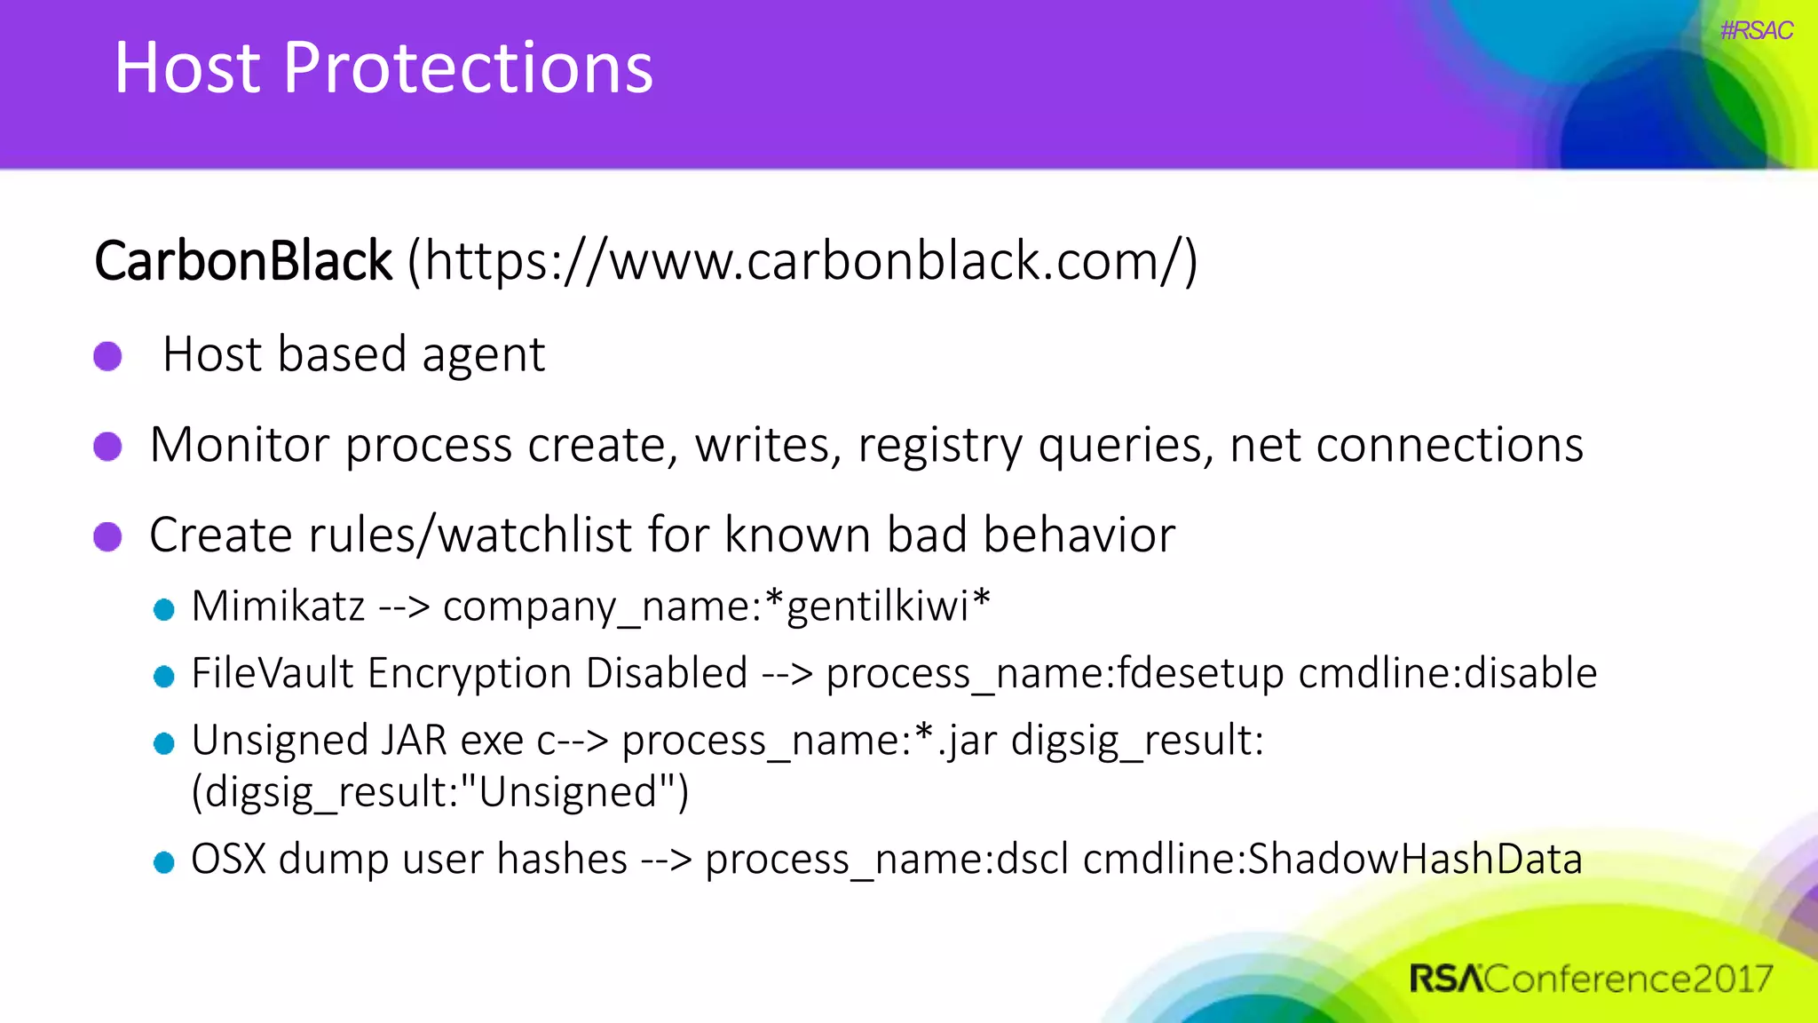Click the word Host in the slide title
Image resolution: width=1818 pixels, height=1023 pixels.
(x=187, y=68)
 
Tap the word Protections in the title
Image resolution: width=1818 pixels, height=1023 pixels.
(x=468, y=68)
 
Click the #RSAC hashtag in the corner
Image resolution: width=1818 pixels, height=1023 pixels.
(x=1756, y=31)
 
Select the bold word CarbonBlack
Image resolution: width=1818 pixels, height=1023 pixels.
(x=243, y=262)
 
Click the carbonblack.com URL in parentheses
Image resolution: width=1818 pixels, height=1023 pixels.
(x=802, y=262)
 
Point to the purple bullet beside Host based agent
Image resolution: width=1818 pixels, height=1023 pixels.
(x=108, y=356)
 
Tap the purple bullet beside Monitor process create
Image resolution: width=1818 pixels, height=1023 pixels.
(x=108, y=446)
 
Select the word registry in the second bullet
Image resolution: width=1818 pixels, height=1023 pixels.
(x=940, y=446)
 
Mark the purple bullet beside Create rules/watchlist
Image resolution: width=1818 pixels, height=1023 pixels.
(x=108, y=536)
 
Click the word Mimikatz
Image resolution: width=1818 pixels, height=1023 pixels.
(x=278, y=607)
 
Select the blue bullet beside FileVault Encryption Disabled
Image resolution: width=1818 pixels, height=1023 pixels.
(x=164, y=677)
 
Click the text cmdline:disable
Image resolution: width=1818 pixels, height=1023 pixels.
(x=1447, y=673)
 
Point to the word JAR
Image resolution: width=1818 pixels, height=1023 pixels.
(x=414, y=741)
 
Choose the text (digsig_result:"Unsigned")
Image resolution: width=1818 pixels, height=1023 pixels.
(x=440, y=792)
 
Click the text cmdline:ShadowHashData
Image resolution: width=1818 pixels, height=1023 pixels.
(x=1332, y=860)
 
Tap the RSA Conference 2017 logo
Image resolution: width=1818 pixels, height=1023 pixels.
(x=1590, y=979)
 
